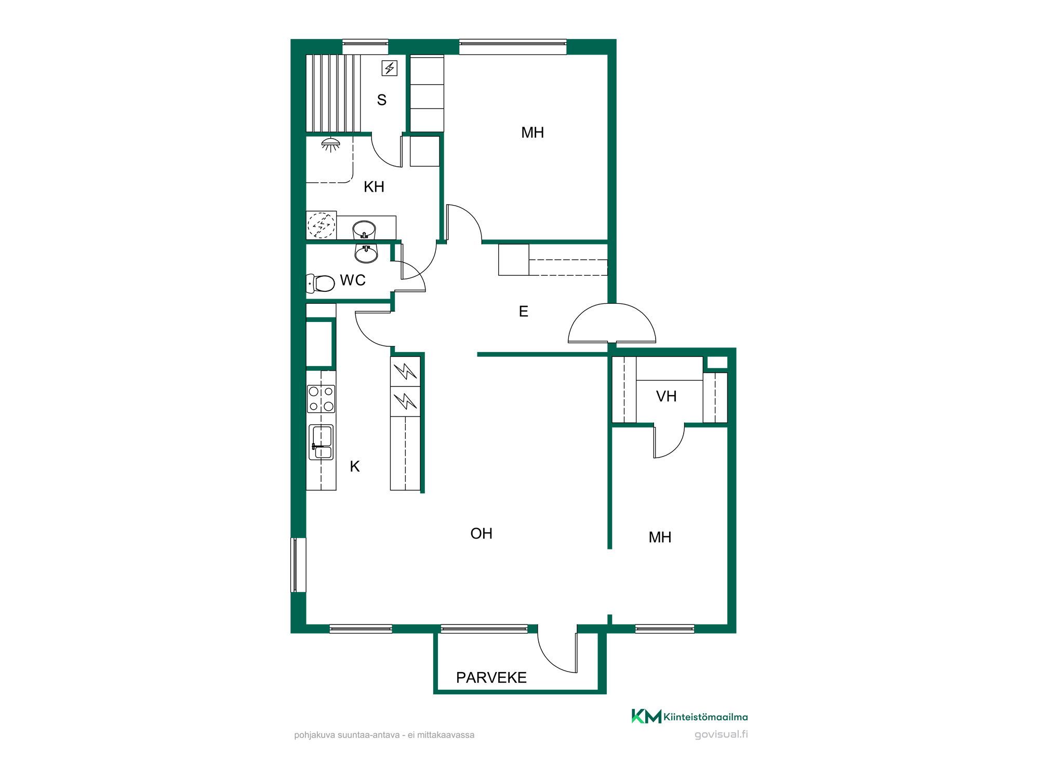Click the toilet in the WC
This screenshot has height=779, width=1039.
[321, 284]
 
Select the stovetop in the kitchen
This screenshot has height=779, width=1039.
[321, 399]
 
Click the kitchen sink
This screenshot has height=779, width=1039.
[321, 442]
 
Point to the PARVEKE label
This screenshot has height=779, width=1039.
[491, 678]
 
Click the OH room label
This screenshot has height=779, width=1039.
[481, 533]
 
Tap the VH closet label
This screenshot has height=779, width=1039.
[666, 396]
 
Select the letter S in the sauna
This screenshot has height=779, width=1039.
[382, 100]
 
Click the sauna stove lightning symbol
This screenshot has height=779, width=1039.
[390, 68]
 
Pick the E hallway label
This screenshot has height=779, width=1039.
[524, 312]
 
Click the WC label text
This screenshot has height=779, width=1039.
[353, 280]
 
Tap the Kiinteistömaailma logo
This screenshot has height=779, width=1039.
[689, 716]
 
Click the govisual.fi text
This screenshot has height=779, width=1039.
[721, 734]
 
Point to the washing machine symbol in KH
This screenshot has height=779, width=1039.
[321, 225]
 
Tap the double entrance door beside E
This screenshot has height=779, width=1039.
[612, 323]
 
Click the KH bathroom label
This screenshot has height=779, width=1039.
[374, 187]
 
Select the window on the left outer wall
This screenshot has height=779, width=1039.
[298, 565]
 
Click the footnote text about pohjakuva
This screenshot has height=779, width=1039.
[384, 735]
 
